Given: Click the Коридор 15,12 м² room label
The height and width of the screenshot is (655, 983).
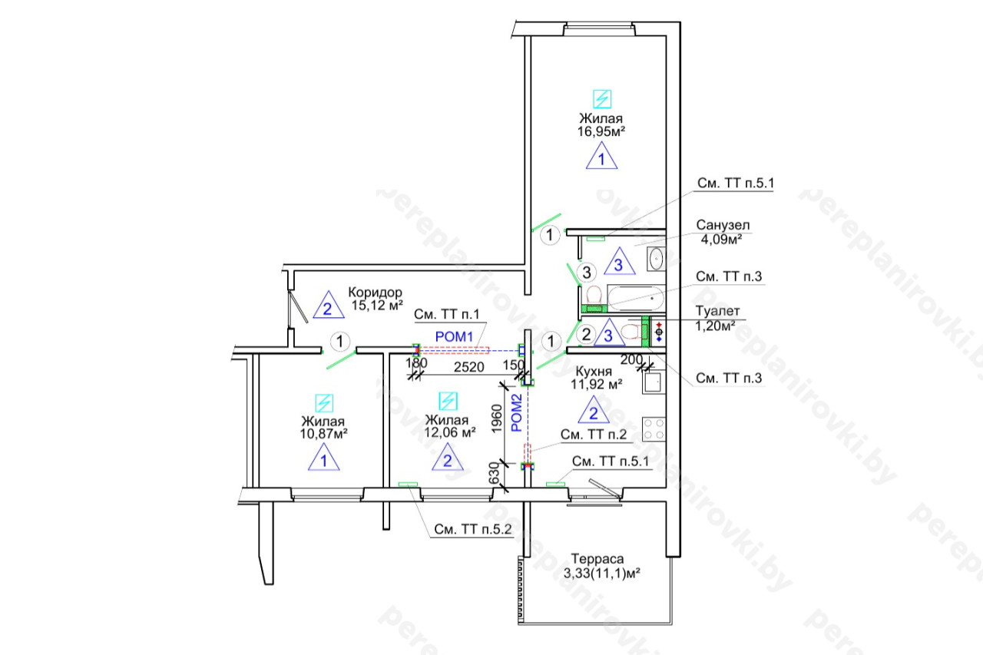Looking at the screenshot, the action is click(x=376, y=299).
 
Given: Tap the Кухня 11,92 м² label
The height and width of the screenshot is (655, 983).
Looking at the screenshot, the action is click(x=596, y=378).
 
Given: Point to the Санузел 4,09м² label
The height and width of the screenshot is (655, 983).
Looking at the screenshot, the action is click(x=723, y=232).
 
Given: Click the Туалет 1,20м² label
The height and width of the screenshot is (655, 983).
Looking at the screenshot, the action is click(x=717, y=318).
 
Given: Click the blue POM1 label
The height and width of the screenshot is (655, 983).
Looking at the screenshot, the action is click(x=454, y=337).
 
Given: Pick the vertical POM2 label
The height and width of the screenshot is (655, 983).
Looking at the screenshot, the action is click(x=517, y=412).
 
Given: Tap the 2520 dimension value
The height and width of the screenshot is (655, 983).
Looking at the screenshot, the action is click(x=468, y=367).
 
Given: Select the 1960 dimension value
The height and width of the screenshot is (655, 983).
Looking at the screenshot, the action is click(x=496, y=418).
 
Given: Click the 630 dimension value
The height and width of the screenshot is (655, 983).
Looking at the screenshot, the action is click(x=494, y=473).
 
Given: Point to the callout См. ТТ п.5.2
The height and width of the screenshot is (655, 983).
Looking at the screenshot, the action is click(x=472, y=530).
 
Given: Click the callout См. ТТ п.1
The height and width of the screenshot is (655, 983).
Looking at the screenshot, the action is click(x=447, y=314).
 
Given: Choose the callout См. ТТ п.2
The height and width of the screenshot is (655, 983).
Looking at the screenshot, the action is click(x=594, y=435).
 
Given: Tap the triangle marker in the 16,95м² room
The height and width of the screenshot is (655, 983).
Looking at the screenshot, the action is click(x=601, y=156).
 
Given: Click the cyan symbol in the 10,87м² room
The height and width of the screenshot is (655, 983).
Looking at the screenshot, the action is click(x=324, y=403).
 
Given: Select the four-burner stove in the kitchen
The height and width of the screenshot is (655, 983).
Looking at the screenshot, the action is click(x=654, y=429).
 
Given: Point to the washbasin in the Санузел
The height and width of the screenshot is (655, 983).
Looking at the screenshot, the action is click(x=656, y=259).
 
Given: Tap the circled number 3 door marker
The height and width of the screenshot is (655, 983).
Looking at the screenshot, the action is click(x=587, y=273).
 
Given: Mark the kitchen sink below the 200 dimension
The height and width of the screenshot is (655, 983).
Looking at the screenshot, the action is click(x=654, y=382).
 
